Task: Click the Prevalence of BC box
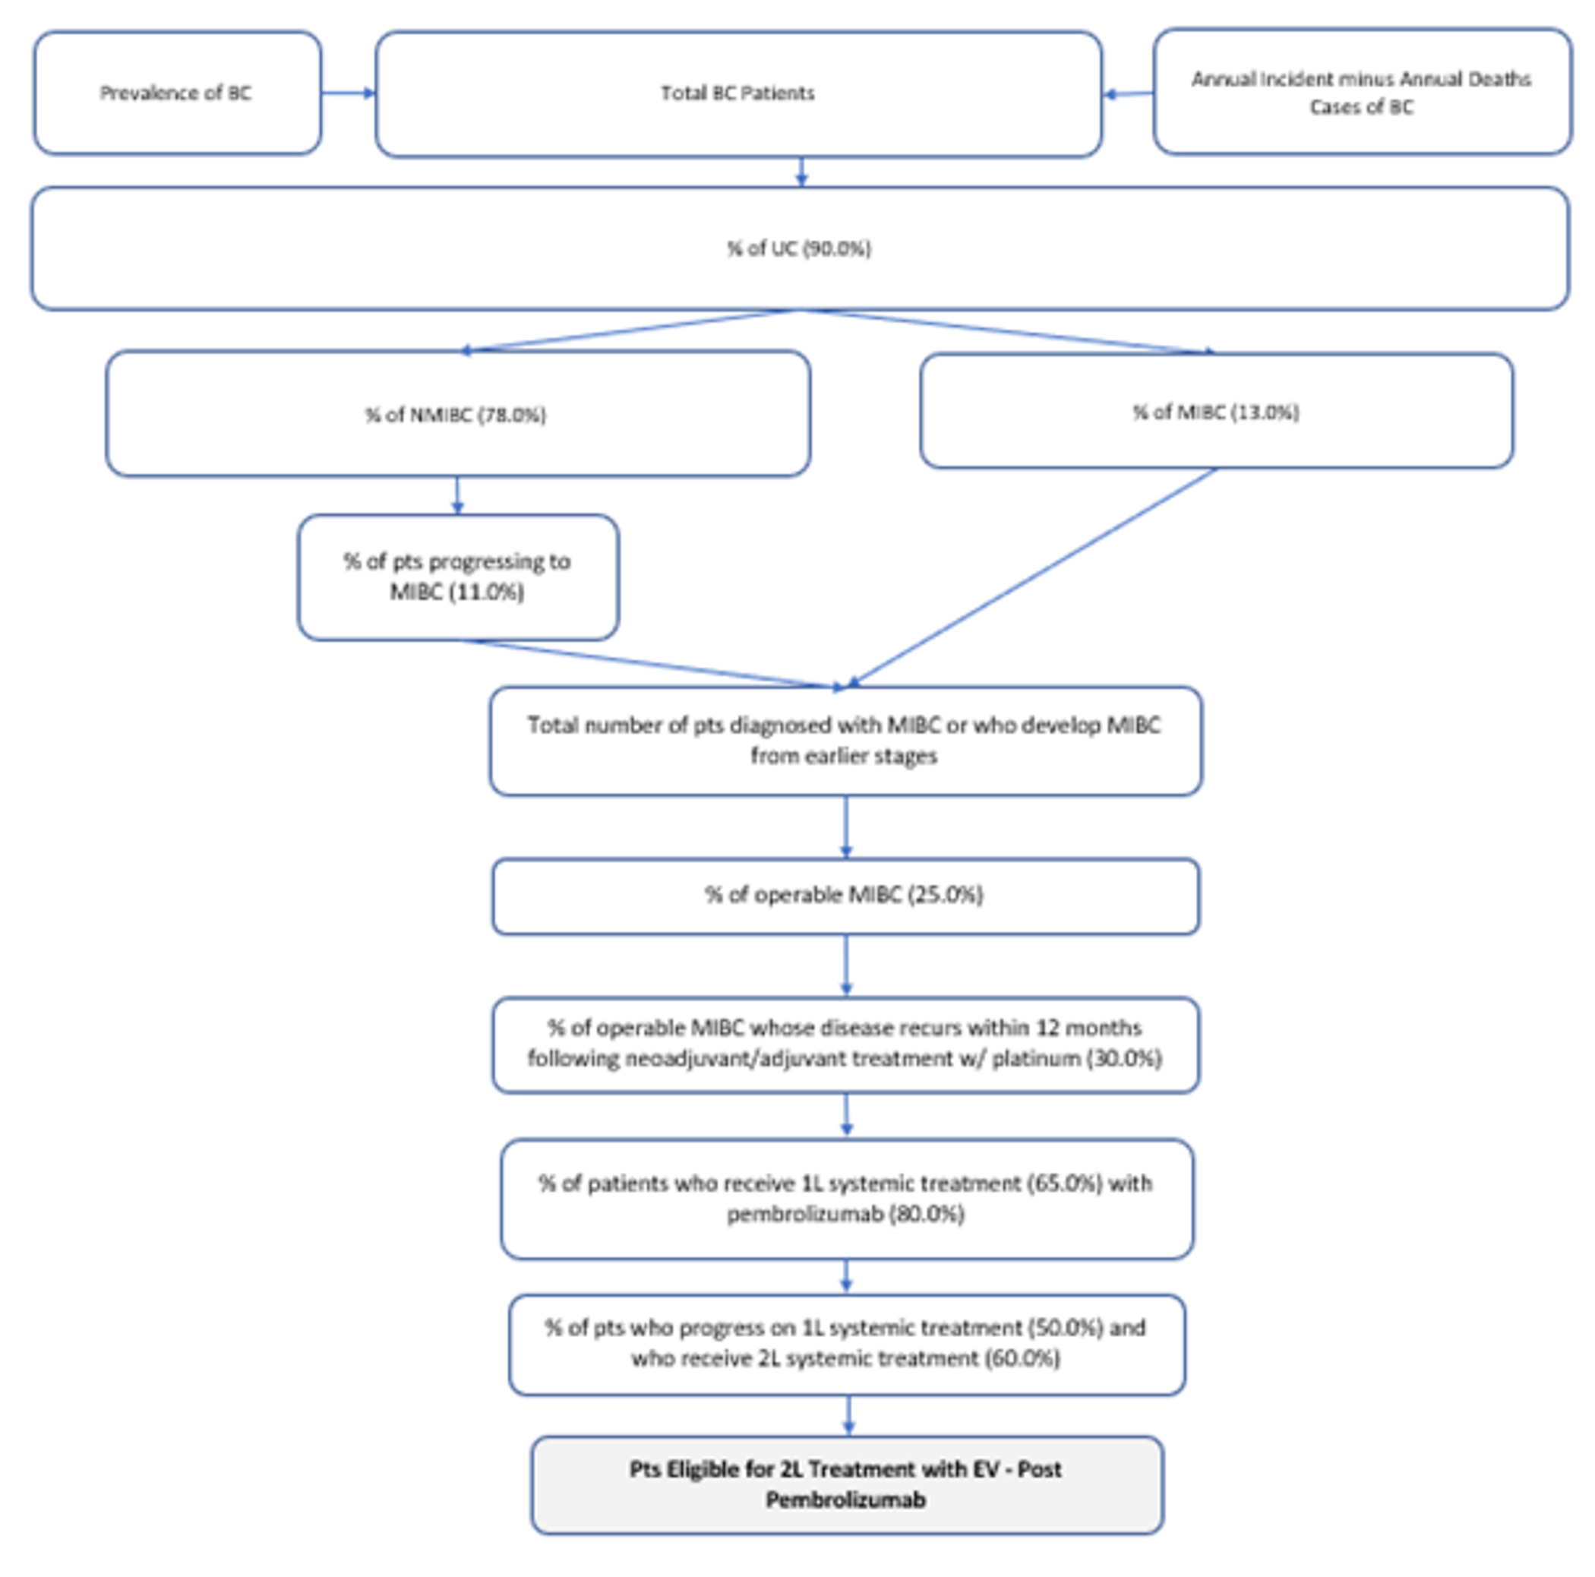[177, 93]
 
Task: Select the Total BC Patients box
[737, 93]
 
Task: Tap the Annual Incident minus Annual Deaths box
[1360, 92]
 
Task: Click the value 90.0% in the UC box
[836, 248]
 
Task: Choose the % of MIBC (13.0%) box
[1215, 411]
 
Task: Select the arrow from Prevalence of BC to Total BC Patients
[348, 93]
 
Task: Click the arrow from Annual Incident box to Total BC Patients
[1128, 94]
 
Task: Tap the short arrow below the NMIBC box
[457, 495]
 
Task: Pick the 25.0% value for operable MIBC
[946, 895]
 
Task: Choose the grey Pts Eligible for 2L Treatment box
[845, 1484]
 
